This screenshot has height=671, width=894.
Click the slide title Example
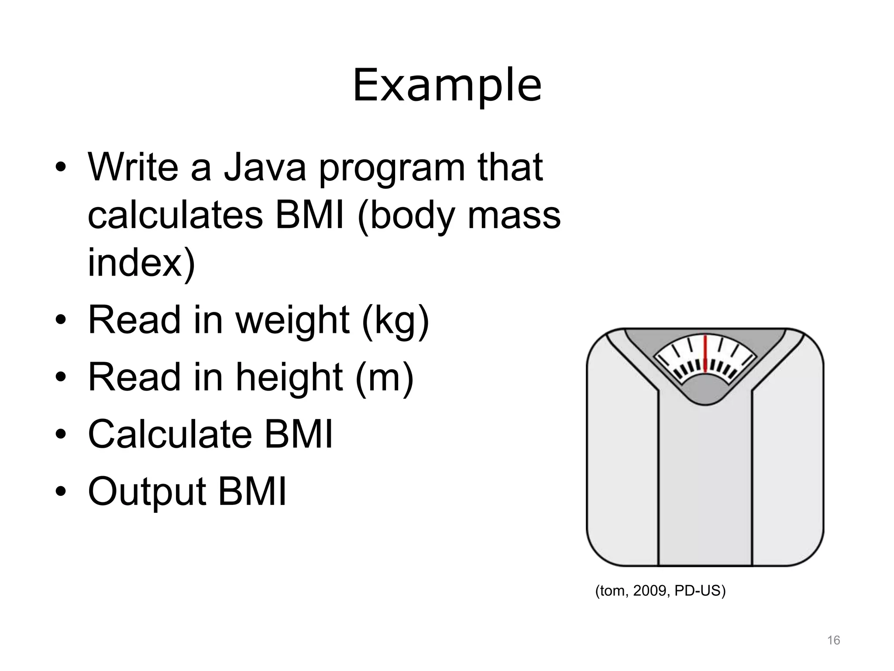pos(447,86)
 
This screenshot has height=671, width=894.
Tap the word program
pos(392,169)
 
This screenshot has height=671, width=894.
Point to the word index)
pos(141,263)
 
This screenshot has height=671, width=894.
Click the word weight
pos(293,321)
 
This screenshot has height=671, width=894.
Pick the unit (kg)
pos(395,321)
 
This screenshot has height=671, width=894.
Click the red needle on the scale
pos(705,354)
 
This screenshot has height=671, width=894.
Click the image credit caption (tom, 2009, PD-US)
pos(660,591)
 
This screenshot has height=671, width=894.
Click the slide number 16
pos(833,640)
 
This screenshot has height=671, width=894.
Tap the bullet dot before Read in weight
pos(61,322)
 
